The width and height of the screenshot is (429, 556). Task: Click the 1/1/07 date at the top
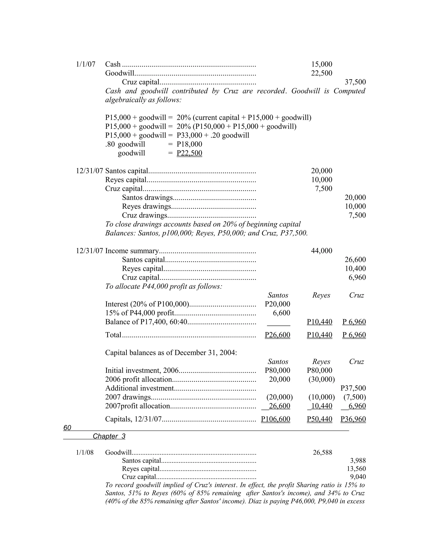[x=85, y=64]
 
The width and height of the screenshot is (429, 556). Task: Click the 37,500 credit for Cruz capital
[x=355, y=82]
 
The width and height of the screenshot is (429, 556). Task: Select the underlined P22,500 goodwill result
[x=189, y=153]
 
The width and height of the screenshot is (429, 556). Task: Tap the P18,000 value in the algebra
[x=189, y=144]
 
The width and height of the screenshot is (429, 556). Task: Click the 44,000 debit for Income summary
[x=322, y=251]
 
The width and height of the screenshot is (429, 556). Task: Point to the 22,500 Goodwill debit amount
[x=322, y=73]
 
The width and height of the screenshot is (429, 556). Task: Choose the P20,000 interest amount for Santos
[x=277, y=304]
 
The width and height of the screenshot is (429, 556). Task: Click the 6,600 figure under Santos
[x=281, y=313]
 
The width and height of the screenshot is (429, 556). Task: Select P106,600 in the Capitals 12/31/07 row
[x=275, y=419]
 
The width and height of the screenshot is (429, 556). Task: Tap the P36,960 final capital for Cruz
[x=353, y=419]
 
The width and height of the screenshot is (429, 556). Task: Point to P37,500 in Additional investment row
[x=353, y=388]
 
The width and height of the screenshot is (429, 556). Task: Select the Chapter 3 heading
[x=109, y=436]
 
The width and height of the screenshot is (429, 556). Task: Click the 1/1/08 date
[x=85, y=452]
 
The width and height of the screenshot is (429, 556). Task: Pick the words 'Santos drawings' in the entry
[x=147, y=198]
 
